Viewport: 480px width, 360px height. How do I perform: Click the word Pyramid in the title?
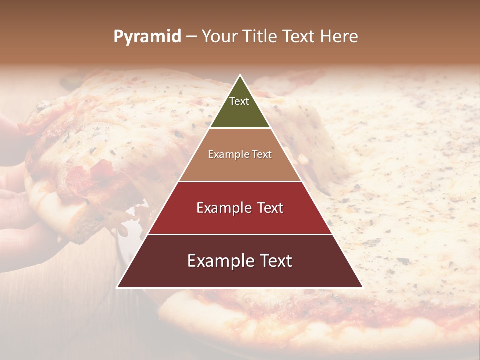click(147, 37)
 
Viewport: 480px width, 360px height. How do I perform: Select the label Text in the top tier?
click(239, 101)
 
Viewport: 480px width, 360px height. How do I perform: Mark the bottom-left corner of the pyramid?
click(117, 287)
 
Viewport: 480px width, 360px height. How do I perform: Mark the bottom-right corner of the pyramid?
click(363, 287)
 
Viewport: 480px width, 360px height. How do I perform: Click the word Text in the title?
click(299, 36)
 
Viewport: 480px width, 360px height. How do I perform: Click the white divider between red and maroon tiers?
click(240, 234)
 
